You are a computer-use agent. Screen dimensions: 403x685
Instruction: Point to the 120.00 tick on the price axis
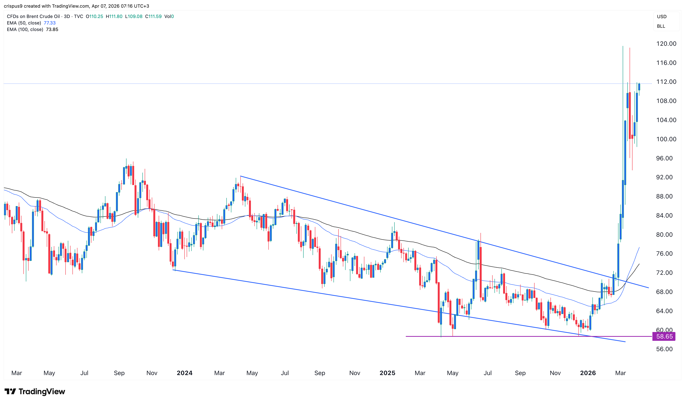(666, 44)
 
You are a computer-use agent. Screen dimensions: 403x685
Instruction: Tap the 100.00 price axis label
(666, 139)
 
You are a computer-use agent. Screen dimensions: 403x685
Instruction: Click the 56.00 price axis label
(664, 349)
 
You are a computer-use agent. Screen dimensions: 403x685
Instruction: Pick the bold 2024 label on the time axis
(184, 373)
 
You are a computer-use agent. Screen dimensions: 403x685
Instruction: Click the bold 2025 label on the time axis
(387, 373)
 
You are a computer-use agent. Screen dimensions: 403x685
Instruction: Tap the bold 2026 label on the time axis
(588, 373)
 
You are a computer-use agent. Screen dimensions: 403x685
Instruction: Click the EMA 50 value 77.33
(49, 23)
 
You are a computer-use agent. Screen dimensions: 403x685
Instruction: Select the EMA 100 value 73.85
(52, 29)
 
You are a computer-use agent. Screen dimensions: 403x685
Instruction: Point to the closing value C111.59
(153, 16)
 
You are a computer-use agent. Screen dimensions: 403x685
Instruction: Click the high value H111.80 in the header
(114, 16)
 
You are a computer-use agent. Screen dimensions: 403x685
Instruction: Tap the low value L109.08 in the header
(134, 16)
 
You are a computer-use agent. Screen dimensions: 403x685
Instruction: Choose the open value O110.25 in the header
(94, 16)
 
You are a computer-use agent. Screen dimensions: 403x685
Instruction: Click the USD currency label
(662, 17)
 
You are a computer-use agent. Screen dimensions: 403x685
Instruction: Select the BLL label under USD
(661, 26)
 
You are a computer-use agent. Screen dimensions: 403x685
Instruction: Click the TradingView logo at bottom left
(35, 391)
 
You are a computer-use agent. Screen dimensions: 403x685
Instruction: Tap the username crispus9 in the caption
(13, 6)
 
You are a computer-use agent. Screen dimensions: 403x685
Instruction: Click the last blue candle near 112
(639, 87)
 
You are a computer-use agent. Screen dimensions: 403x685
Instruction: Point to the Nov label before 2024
(152, 373)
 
